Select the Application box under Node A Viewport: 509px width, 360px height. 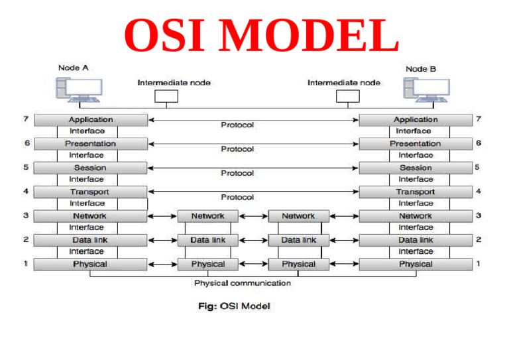(91, 120)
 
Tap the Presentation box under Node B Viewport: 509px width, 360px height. (415, 144)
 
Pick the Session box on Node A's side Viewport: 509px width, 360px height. (91, 168)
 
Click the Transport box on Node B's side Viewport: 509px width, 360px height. (415, 192)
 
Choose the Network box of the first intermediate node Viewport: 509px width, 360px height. (207, 216)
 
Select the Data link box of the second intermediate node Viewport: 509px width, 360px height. (298, 240)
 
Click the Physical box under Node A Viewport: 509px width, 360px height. (91, 264)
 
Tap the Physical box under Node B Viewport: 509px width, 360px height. (415, 264)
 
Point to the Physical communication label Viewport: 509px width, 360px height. (242, 283)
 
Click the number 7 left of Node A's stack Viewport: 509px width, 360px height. (25, 119)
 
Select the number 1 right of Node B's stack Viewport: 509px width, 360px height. (478, 264)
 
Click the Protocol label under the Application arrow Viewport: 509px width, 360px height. (237, 125)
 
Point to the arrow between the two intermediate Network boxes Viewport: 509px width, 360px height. (253, 216)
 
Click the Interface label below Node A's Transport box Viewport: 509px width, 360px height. (87, 204)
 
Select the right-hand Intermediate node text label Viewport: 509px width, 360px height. (343, 83)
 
